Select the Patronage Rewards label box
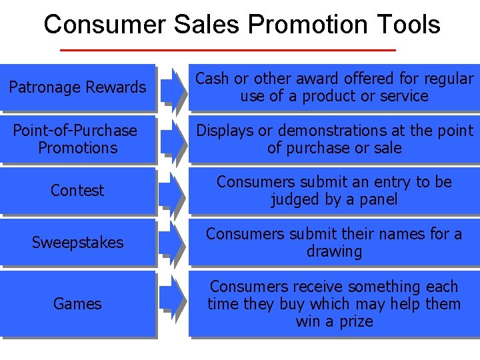(x=77, y=87)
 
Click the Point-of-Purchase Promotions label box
(x=77, y=139)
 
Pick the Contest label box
(x=77, y=191)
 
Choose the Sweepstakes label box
(x=77, y=243)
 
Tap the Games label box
(x=77, y=304)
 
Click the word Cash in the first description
(x=212, y=79)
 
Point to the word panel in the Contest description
(x=377, y=199)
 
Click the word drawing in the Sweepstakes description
(x=334, y=252)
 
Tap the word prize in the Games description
(x=355, y=321)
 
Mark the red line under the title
(x=228, y=50)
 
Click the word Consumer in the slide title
(x=105, y=25)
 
